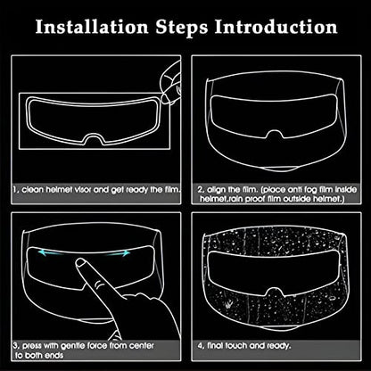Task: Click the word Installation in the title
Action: pos(92,27)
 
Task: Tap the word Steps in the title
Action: pos(182,28)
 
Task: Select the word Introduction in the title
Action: pos(276,27)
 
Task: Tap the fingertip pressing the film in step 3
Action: pos(80,263)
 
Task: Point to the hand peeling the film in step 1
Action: pos(170,82)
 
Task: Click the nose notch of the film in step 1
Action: pos(94,139)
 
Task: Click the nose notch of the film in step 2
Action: pos(275,135)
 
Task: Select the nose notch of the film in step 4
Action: pos(276,292)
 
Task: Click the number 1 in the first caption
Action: pos(14,189)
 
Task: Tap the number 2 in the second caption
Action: pos(200,189)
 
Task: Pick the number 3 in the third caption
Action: pos(15,346)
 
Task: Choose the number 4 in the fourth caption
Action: pos(200,346)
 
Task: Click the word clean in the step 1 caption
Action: pos(33,189)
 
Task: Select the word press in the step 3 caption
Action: pos(32,346)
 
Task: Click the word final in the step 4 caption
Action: pos(215,345)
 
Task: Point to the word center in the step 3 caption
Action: pos(141,346)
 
